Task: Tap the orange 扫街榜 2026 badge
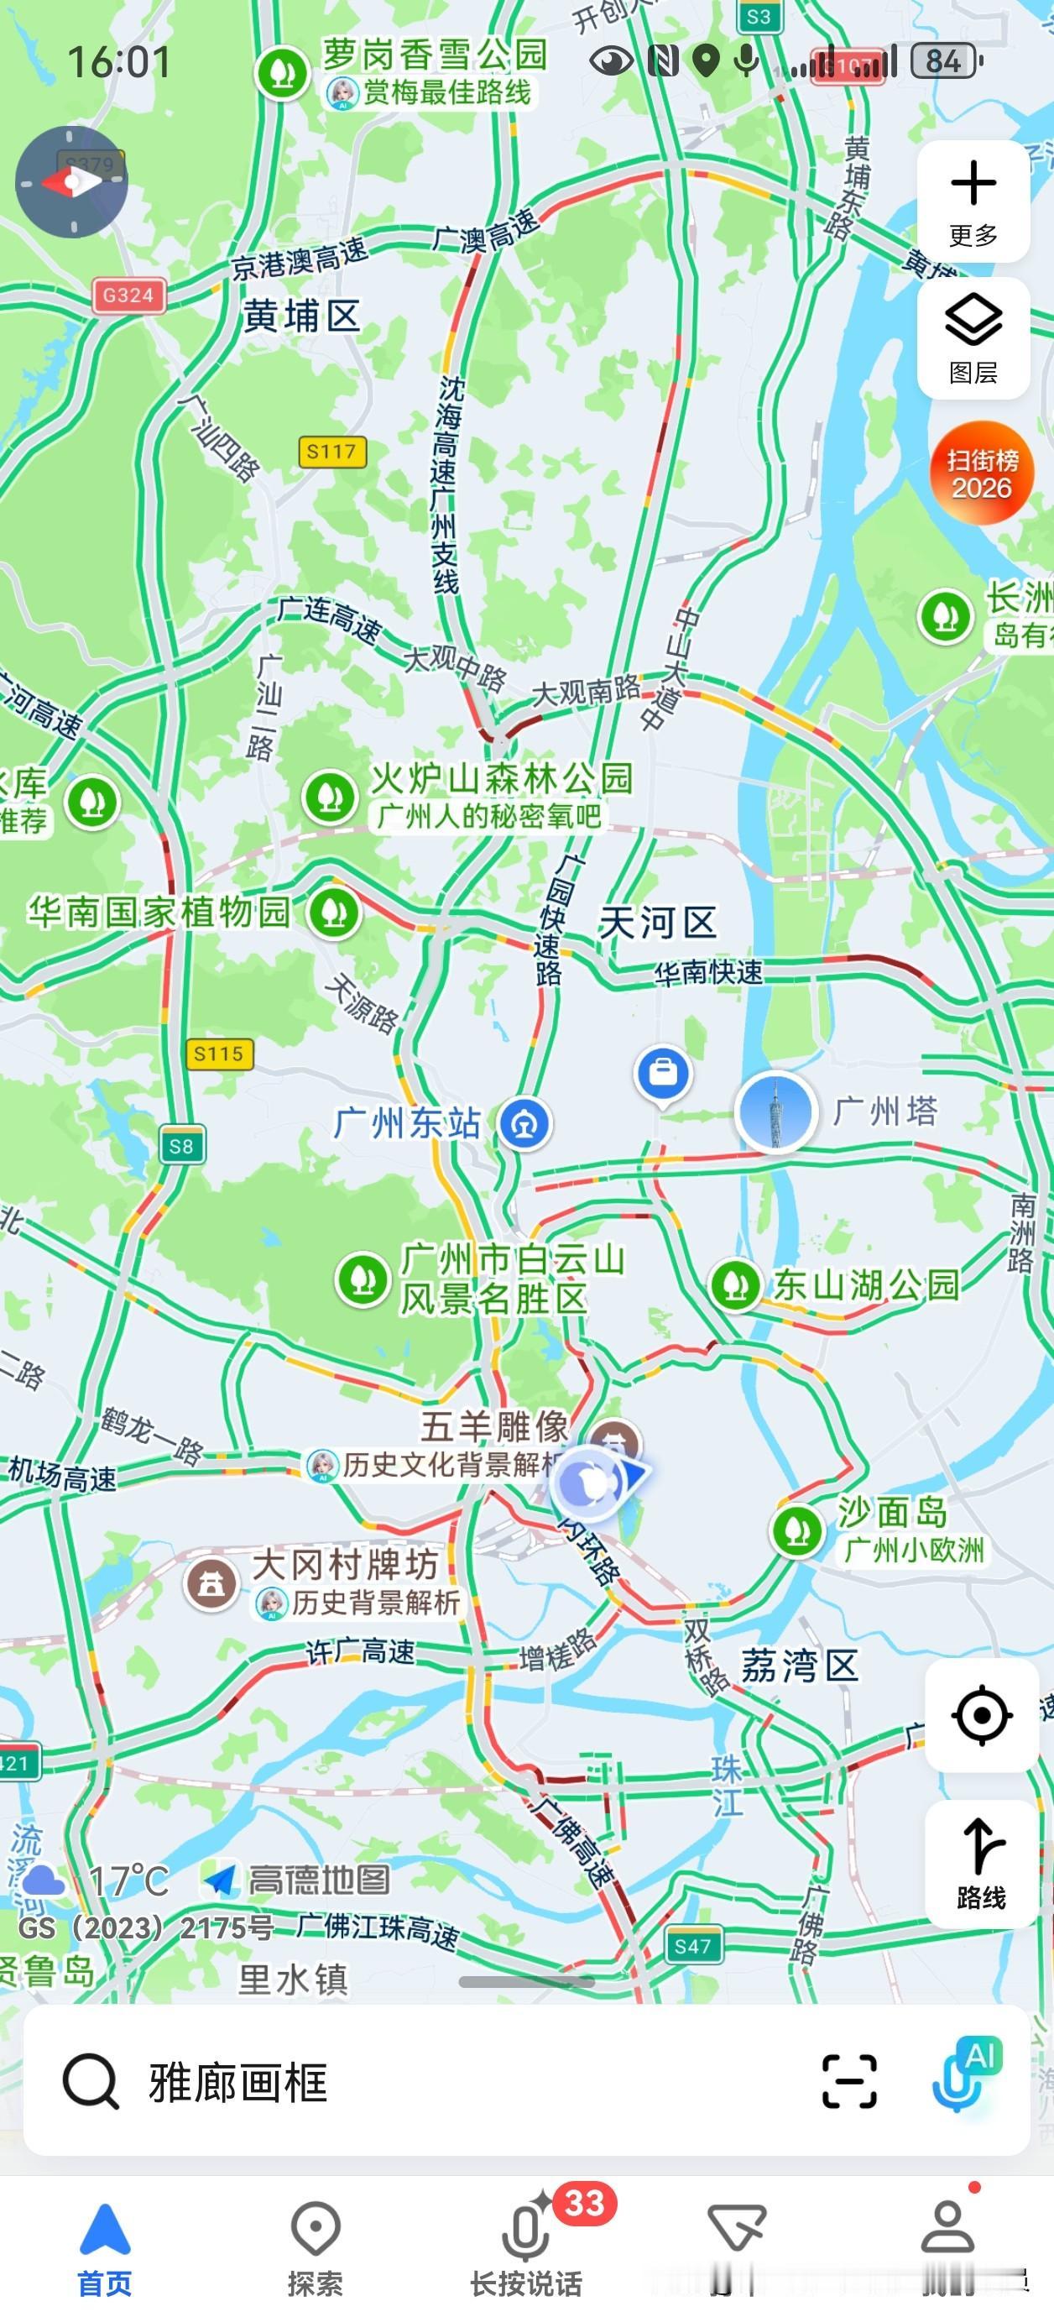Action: coord(981,473)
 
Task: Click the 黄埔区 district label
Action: coord(301,316)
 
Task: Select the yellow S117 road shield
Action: coord(331,452)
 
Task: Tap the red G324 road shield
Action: coord(128,295)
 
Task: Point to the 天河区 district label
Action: coord(657,922)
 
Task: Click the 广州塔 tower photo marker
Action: coord(775,1111)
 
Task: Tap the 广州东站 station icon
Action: coord(525,1123)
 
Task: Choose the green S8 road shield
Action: coord(180,1146)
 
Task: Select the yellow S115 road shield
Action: coord(218,1054)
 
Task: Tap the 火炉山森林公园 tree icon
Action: coord(330,796)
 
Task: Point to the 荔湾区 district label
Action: coord(799,1666)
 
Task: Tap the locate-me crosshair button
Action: coord(981,1715)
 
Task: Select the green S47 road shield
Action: coord(692,1948)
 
